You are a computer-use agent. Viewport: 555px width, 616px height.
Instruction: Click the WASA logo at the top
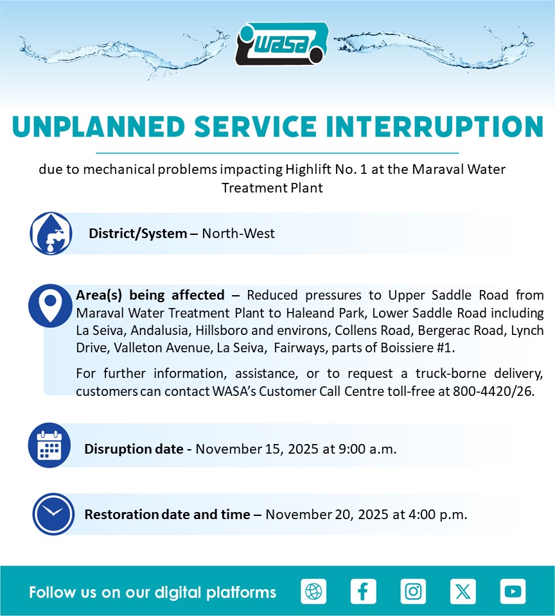point(282,44)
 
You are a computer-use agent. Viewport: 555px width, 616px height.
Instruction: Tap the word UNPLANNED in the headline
point(99,127)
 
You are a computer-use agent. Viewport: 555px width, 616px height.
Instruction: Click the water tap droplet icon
point(51,234)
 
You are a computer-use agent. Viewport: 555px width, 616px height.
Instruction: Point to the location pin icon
point(50,305)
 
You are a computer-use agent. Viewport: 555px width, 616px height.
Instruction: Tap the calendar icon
point(49,445)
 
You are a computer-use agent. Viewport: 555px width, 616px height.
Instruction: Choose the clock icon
point(53,514)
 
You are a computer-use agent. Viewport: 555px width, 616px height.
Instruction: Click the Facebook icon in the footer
point(363,591)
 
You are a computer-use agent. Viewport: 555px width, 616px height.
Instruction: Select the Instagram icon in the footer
point(413,591)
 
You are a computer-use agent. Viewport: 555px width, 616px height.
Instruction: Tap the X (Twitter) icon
point(463,591)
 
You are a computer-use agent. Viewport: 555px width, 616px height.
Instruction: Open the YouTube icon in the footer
point(513,591)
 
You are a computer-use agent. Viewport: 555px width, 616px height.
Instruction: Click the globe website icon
point(313,591)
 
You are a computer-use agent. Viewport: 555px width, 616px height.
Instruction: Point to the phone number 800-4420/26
point(493,391)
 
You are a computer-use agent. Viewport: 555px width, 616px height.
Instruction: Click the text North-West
point(238,234)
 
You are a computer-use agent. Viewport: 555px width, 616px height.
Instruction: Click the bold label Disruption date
point(134,449)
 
